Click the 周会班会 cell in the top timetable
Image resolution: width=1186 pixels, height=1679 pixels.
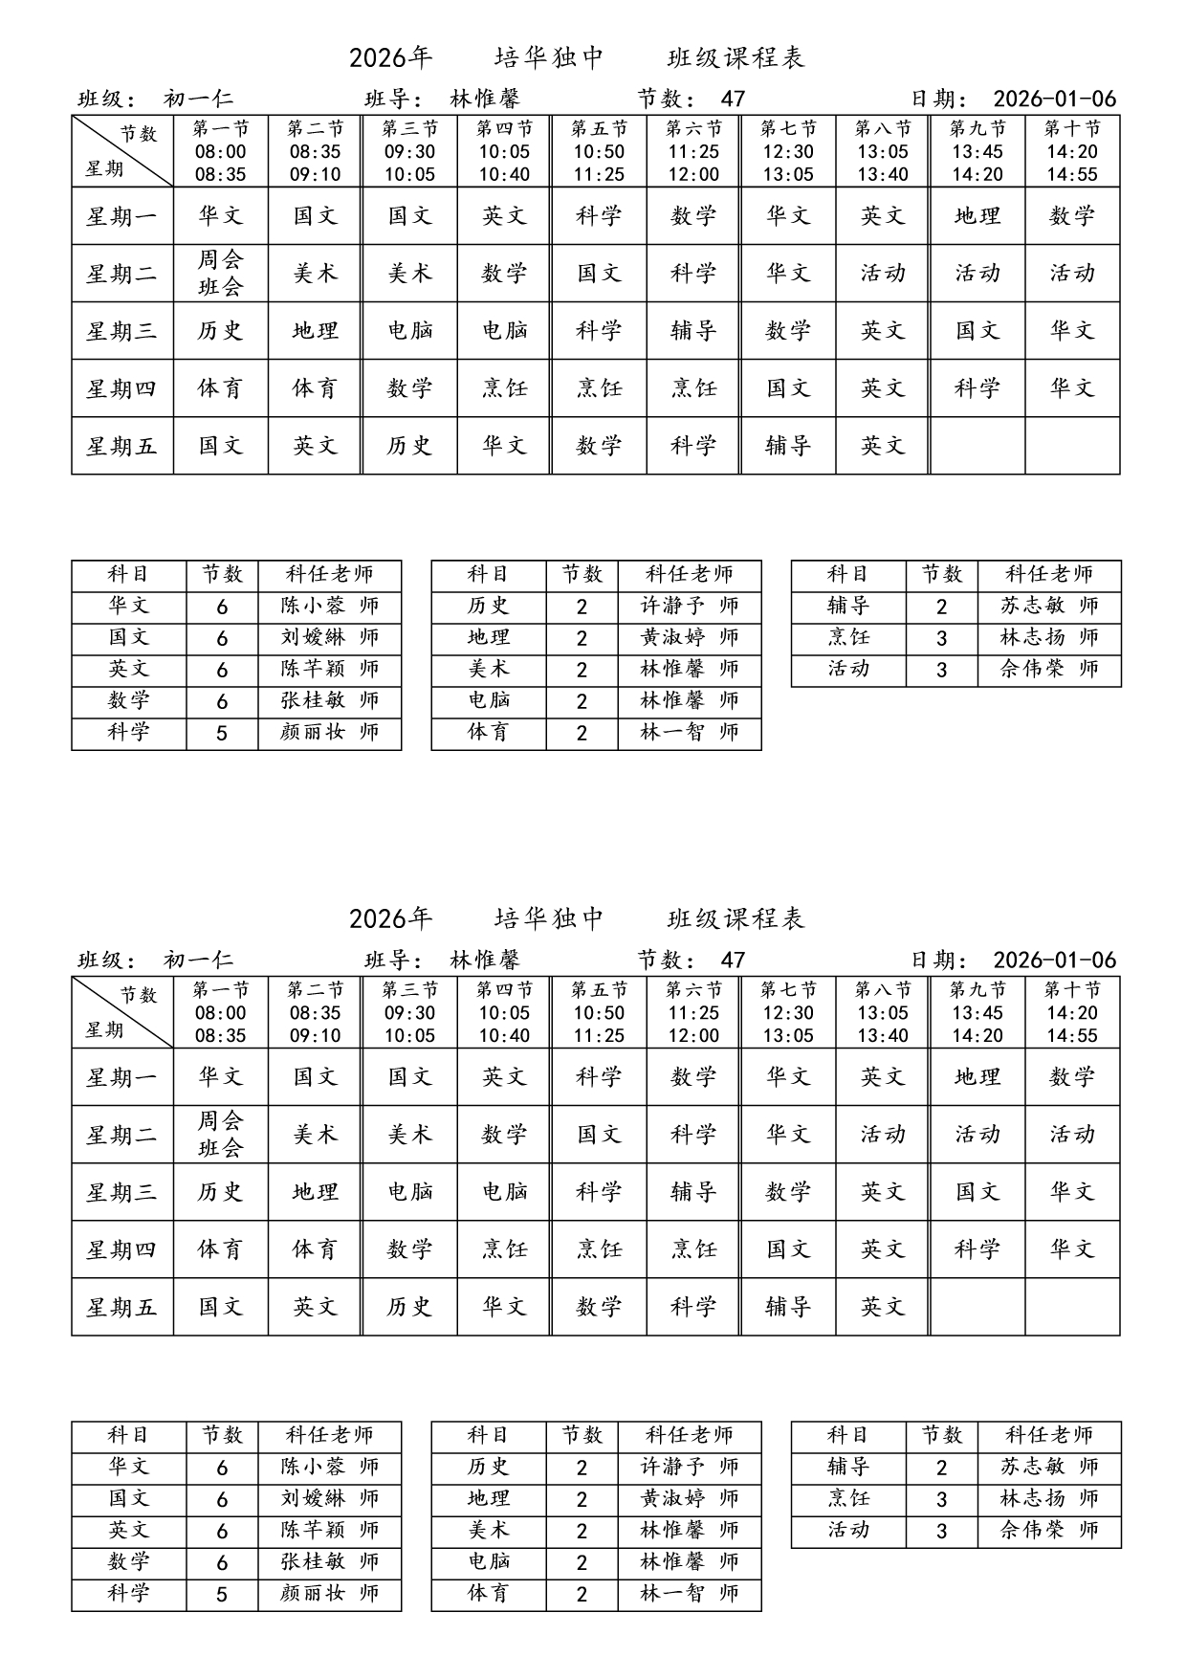(x=220, y=274)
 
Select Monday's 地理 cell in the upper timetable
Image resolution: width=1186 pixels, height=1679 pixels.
(x=977, y=216)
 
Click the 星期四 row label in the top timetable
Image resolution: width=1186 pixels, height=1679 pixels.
(x=121, y=388)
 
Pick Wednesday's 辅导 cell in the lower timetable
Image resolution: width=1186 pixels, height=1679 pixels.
(x=693, y=1192)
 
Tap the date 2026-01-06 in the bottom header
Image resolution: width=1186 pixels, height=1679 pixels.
(x=1054, y=960)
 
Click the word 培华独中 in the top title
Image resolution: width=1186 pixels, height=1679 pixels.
(x=549, y=58)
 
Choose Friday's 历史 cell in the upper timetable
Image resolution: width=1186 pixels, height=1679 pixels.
(x=409, y=446)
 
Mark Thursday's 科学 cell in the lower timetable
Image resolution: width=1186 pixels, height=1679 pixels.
(x=977, y=1249)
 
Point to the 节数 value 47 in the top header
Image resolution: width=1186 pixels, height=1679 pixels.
(x=733, y=99)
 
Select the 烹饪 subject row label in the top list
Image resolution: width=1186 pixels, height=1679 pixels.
(x=848, y=637)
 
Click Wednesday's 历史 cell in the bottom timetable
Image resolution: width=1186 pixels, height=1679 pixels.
(x=220, y=1192)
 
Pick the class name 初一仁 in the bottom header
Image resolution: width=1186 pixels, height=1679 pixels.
(x=198, y=960)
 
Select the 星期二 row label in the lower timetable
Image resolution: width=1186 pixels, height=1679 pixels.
(x=121, y=1135)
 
